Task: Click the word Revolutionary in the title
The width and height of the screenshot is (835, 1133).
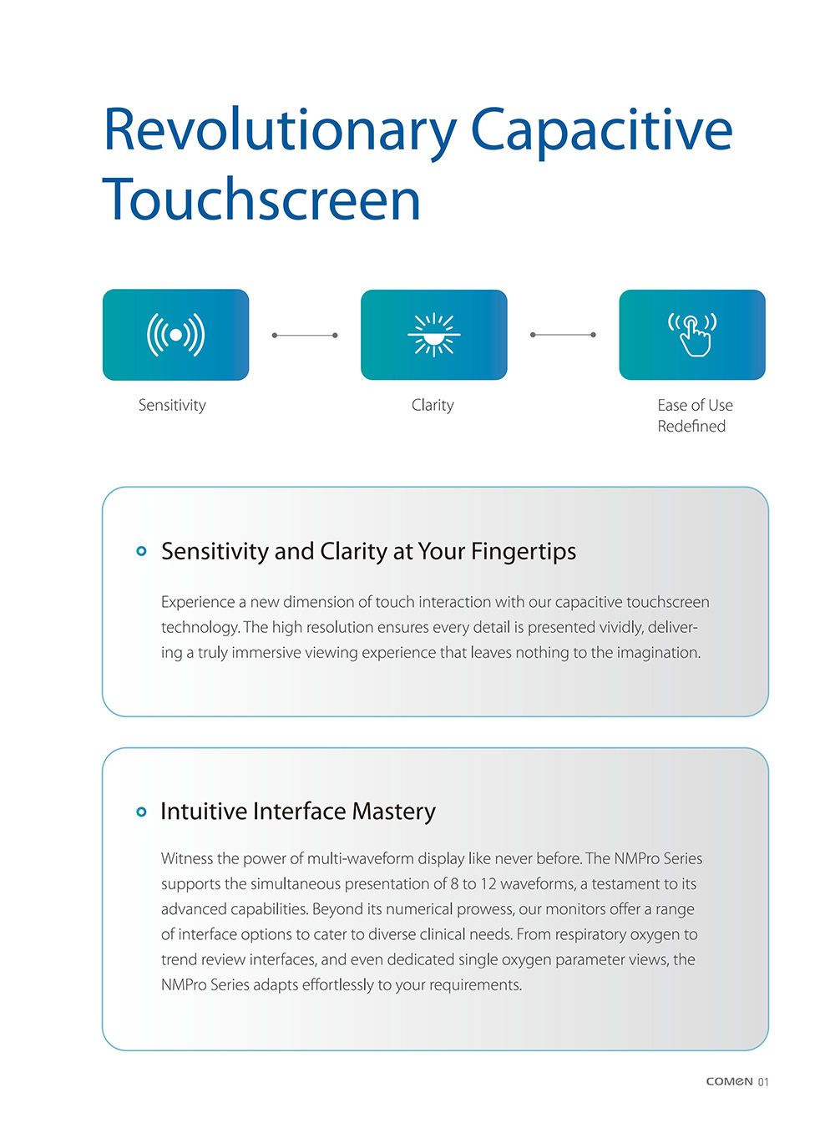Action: pos(280,131)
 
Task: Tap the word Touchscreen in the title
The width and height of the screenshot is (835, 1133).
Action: pos(261,201)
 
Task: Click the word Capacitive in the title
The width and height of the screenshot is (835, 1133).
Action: pos(601,131)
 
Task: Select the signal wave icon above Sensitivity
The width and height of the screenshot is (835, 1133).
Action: pos(175,335)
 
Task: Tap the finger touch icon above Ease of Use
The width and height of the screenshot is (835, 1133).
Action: pos(692,334)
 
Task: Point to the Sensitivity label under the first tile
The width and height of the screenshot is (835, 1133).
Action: pos(172,406)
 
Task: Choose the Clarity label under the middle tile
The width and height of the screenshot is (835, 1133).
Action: pos(433,406)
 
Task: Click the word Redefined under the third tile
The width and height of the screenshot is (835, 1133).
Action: pos(691,427)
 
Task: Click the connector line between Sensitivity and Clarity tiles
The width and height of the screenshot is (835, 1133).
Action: pos(305,336)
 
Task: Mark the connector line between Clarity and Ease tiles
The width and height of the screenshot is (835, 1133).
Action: pos(563,335)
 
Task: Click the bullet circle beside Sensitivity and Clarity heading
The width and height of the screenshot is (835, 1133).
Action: pos(141,551)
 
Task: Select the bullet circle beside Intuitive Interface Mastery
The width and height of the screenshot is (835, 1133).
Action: pos(141,812)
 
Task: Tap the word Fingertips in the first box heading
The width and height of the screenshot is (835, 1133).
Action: pos(524,552)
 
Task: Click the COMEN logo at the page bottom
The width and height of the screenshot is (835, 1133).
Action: pos(729,1081)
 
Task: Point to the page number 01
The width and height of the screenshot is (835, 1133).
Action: pos(763,1082)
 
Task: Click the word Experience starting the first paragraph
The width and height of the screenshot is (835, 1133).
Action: pos(198,602)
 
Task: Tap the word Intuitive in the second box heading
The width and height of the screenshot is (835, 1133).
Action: pos(204,812)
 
